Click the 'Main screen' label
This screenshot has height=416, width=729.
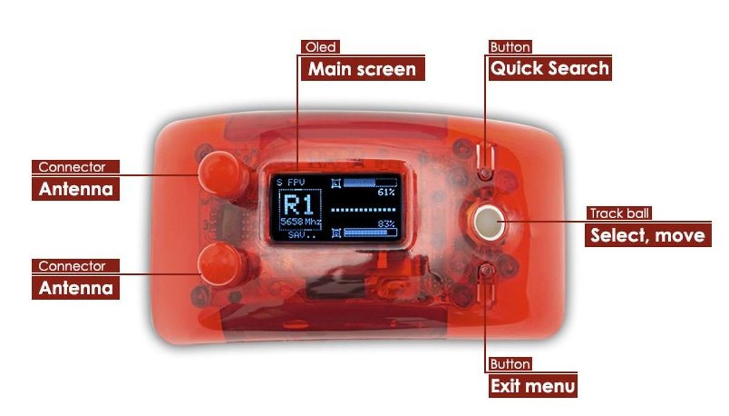[x=362, y=69]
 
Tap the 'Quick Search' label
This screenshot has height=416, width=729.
[x=549, y=68]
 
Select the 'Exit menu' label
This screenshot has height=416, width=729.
[x=533, y=386]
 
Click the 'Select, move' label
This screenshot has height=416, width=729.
[x=648, y=235]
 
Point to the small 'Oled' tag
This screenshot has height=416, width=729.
[x=320, y=47]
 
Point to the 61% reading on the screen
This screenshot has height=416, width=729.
[x=386, y=192]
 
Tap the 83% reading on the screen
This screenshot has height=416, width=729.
[x=386, y=224]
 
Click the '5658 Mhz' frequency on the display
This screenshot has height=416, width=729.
[x=301, y=222]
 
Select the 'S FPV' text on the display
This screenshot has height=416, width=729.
[x=290, y=182]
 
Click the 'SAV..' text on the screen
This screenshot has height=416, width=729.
[x=298, y=234]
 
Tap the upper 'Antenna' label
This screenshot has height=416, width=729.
[x=76, y=189]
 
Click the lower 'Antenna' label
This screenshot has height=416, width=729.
[x=76, y=288]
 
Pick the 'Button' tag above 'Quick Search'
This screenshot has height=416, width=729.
[x=510, y=47]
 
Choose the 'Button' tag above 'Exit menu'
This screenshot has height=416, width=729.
[x=510, y=364]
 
